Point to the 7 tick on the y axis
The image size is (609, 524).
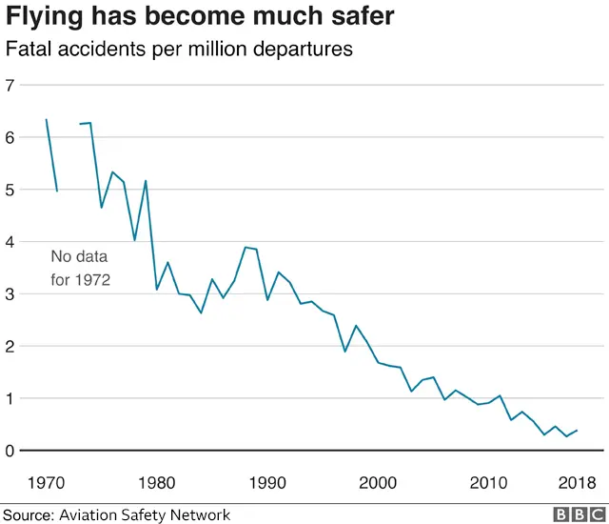coord(11,86)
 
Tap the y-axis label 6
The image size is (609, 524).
coord(11,138)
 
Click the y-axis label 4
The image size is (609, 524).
coord(11,242)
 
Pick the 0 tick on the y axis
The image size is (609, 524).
coord(11,451)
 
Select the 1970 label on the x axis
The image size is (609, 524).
coord(46,480)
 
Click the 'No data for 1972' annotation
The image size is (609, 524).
coord(80,269)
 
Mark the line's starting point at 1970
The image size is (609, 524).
coord(46,120)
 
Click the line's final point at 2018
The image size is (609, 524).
coord(577,430)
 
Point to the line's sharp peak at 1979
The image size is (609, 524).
coord(146,181)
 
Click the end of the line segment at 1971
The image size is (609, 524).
coord(57,191)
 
